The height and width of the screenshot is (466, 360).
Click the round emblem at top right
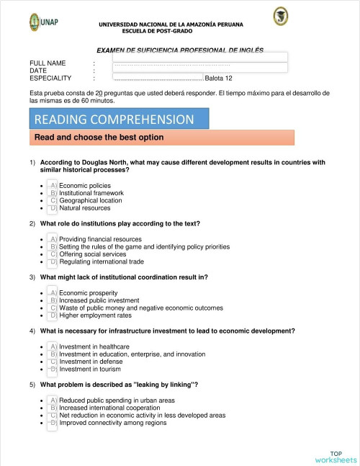pos(280,16)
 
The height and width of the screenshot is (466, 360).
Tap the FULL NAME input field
pos(200,57)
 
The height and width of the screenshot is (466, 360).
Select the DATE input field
pos(200,68)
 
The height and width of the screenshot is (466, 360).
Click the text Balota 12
pos(218,79)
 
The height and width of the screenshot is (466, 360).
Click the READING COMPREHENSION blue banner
pos(119,119)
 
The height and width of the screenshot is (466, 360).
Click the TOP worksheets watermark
pos(336,456)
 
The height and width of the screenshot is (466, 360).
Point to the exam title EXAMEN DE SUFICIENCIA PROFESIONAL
pos(180,50)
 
